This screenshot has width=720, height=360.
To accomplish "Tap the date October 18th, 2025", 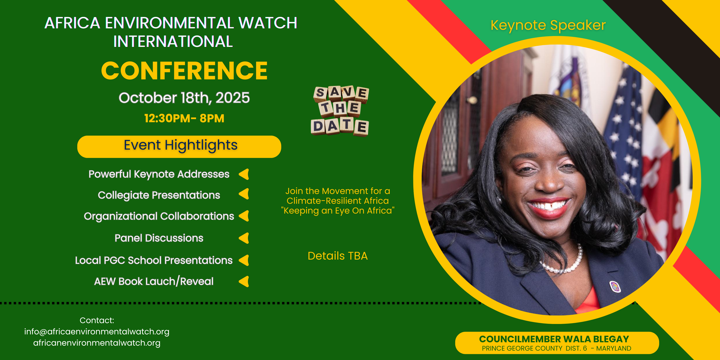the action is (x=184, y=98).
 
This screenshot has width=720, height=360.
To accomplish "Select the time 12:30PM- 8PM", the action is (x=184, y=118).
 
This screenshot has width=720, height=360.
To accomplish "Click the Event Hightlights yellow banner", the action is (x=179, y=146).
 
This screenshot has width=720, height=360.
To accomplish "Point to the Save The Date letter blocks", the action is (x=340, y=111).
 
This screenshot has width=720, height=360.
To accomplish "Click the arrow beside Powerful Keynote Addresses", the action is (x=244, y=174).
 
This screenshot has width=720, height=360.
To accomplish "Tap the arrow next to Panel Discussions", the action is (x=244, y=238).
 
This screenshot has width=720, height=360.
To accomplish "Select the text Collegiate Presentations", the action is (x=159, y=195).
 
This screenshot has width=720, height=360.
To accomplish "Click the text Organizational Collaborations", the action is (x=159, y=216).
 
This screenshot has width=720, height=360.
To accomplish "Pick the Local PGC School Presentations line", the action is (x=154, y=260).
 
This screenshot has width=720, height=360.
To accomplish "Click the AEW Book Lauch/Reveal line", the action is (x=154, y=281).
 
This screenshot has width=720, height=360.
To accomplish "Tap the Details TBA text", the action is (x=338, y=256).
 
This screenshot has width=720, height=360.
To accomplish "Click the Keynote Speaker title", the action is (x=548, y=25).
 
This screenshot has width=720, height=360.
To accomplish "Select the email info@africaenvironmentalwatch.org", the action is (x=97, y=331).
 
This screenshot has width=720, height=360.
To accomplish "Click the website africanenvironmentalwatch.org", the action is (x=97, y=343).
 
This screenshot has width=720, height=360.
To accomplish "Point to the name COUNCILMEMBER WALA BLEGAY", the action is (x=554, y=339).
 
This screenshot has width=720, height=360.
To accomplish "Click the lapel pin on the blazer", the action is (x=615, y=287).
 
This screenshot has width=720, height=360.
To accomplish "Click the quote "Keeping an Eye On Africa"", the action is (x=338, y=210).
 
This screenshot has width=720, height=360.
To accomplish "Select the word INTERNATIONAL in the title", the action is (x=173, y=41).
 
